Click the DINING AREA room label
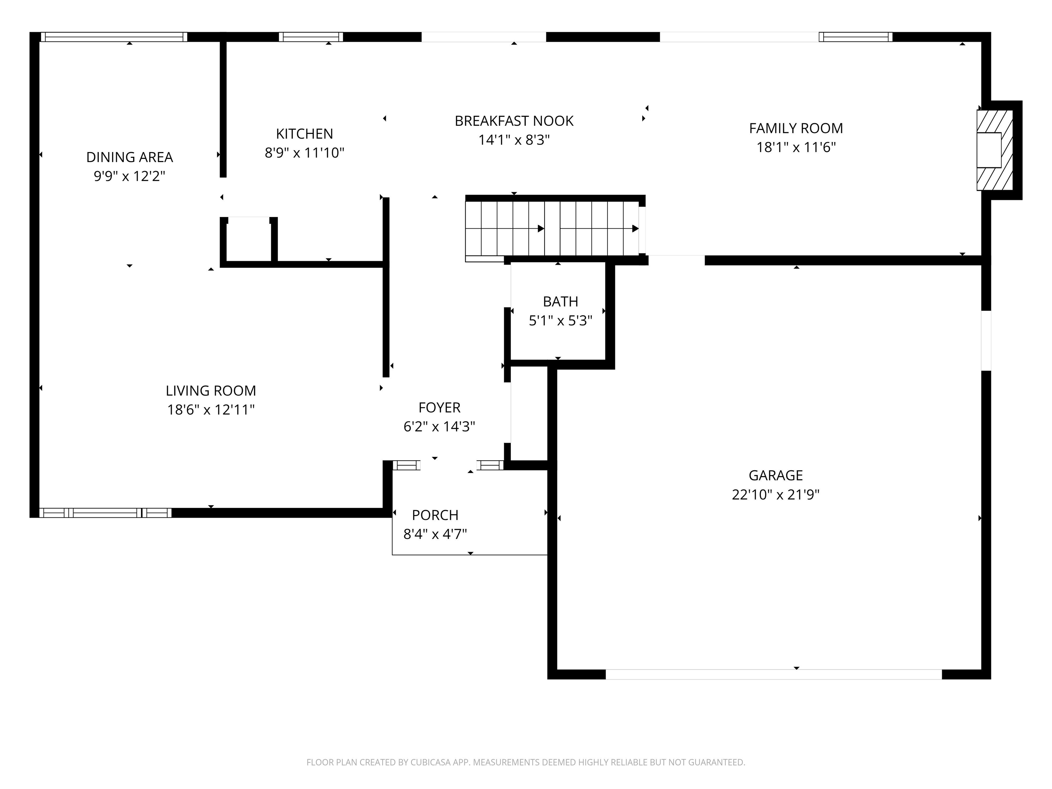point(129,157)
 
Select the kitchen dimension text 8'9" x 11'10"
point(304,153)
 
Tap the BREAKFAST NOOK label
point(514,121)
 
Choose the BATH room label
point(560,301)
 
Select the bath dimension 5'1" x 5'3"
point(560,321)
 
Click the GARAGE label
point(775,475)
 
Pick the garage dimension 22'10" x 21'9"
point(775,494)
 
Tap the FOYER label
point(439,407)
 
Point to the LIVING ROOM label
point(211,390)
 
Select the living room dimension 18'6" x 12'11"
point(211,410)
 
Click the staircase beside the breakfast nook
point(552,228)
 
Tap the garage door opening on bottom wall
point(773,674)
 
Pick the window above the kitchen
point(311,37)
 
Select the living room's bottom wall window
point(105,513)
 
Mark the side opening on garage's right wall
point(986,340)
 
